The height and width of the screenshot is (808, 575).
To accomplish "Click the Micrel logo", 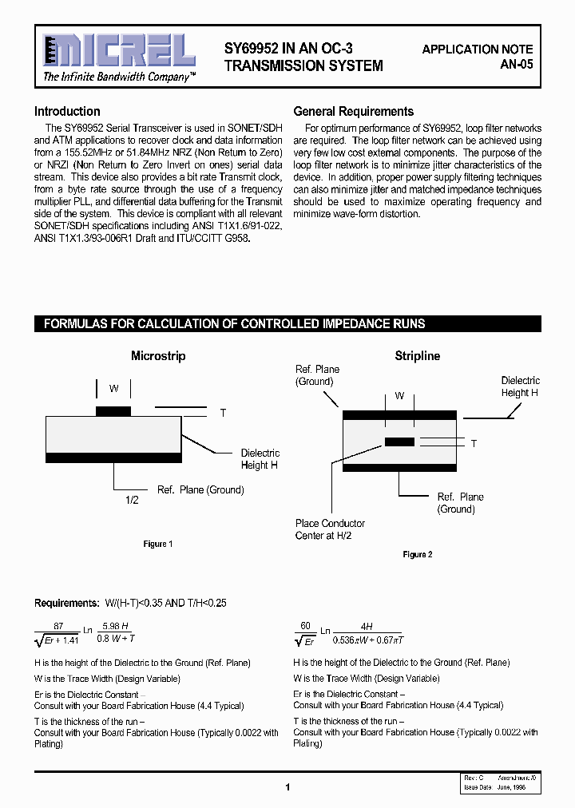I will [119, 51].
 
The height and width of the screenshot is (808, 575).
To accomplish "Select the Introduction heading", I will [67, 112].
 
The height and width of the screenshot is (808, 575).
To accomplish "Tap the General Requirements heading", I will [354, 112].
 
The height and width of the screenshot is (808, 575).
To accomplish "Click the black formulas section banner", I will [287, 324].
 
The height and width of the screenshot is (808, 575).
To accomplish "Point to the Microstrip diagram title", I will [158, 356].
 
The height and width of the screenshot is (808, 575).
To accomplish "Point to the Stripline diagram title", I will [417, 356].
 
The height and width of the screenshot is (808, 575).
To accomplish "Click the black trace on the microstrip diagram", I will [113, 411].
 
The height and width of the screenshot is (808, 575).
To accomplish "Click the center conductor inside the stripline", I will [399, 442].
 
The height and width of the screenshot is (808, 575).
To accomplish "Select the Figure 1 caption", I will [156, 544].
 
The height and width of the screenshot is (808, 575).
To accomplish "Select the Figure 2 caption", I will [416, 554].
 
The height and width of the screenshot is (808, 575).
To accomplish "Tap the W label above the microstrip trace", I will [114, 389].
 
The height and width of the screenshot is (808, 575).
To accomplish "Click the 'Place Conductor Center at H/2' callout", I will [330, 529].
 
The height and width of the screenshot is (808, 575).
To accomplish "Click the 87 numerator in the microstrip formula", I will [59, 627].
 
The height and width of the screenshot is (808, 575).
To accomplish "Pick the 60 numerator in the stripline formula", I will [304, 627].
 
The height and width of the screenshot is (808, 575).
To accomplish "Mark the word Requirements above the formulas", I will [63, 603].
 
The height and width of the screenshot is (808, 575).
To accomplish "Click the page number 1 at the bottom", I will [287, 787].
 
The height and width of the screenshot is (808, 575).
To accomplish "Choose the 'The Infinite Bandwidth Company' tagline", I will [118, 77].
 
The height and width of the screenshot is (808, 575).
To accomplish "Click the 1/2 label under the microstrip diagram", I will [133, 500].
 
